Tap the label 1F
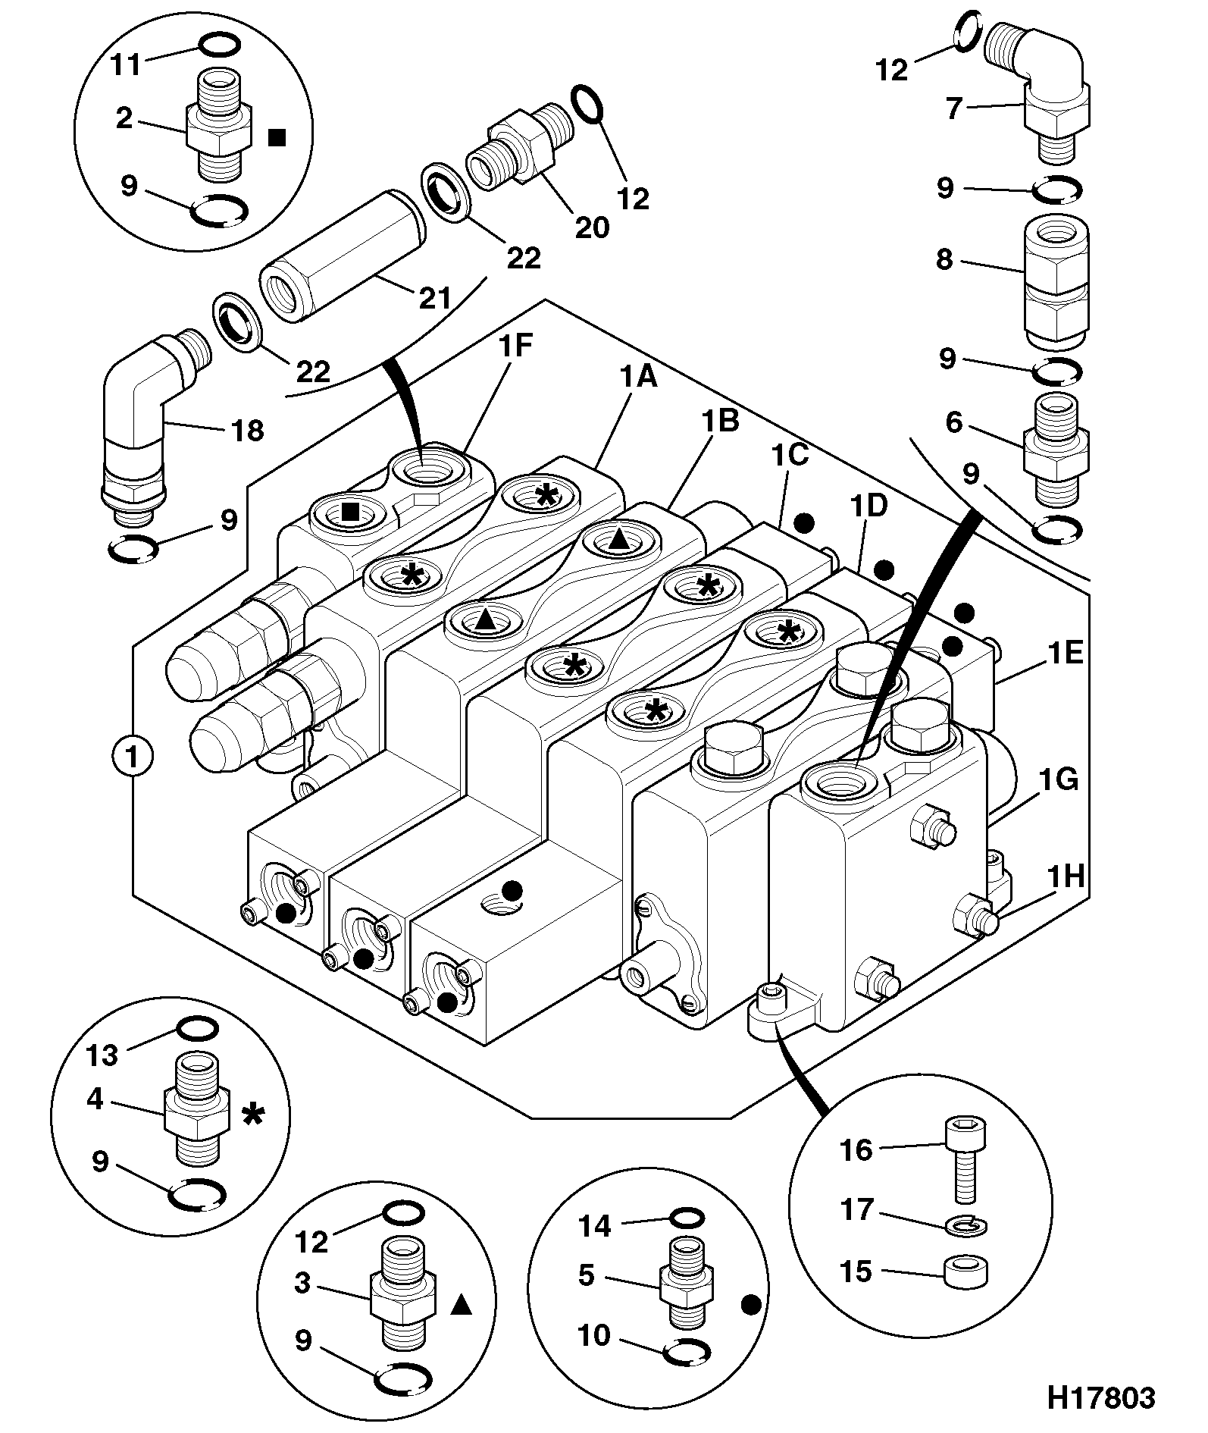[x=515, y=346]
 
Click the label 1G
[x=1059, y=779]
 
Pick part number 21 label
[x=435, y=298]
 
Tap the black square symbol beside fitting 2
[x=277, y=137]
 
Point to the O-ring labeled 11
[x=221, y=45]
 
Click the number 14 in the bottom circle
[x=595, y=1226]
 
